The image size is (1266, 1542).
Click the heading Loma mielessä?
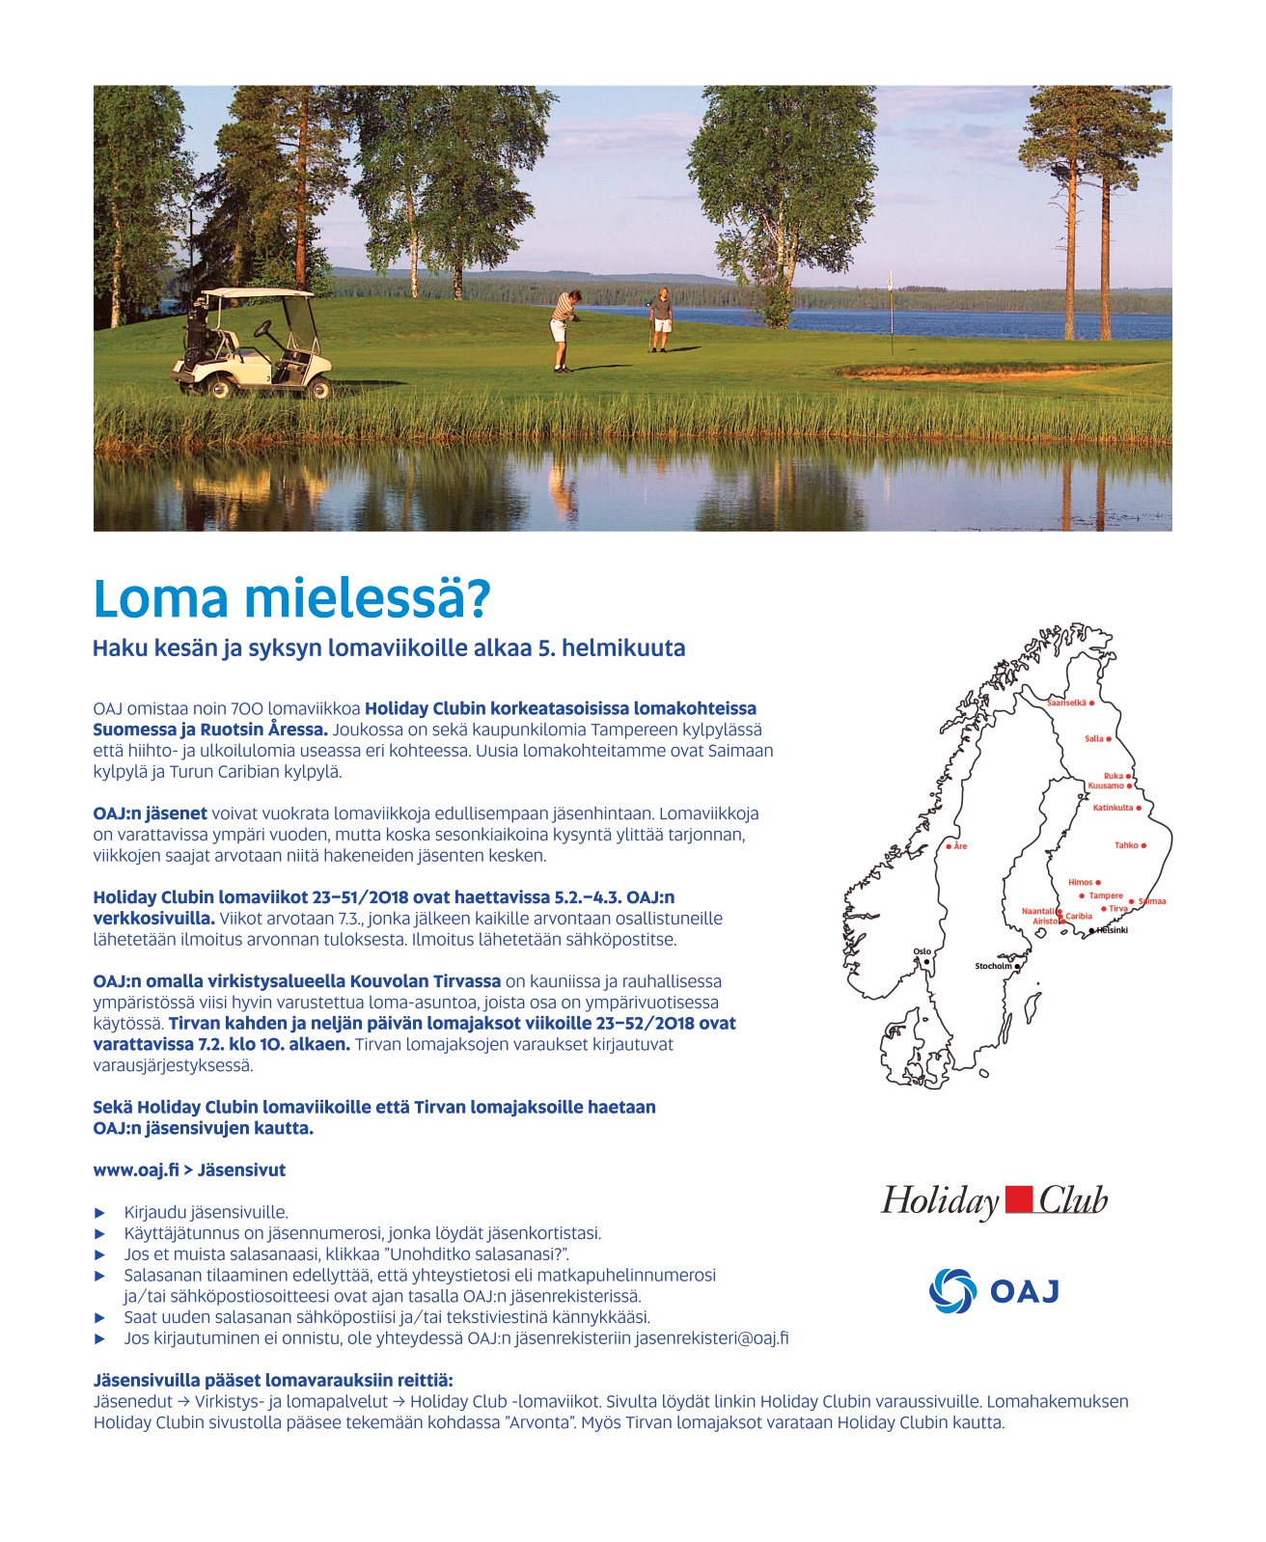(291, 599)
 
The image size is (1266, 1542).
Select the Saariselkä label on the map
(1066, 703)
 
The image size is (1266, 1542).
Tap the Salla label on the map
(1093, 739)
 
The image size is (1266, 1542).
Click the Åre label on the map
(960, 846)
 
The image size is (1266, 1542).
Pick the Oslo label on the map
(922, 951)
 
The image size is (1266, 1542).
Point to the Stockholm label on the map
(993, 966)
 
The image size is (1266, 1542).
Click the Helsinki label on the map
(1112, 930)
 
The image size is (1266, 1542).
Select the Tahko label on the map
(1126, 845)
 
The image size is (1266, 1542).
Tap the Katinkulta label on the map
(1113, 808)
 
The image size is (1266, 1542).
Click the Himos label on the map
(1081, 882)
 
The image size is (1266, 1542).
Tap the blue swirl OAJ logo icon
(951, 1291)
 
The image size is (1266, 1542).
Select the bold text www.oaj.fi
(136, 1170)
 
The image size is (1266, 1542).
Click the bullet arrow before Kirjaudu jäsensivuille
(99, 1213)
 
